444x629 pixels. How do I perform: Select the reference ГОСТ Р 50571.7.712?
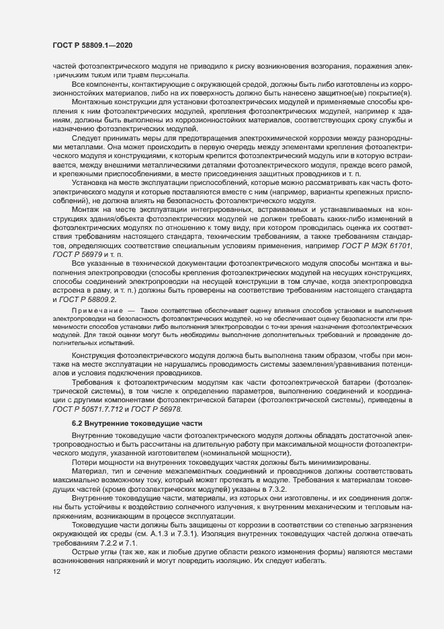coord(92,409)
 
